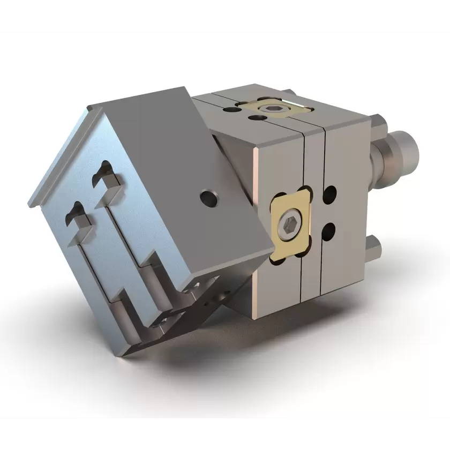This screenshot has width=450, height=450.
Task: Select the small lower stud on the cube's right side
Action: (x=373, y=247)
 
